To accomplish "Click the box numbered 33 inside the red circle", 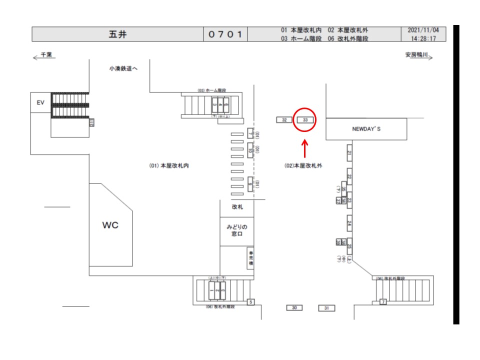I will tap(305, 120).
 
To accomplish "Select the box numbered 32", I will tap(284, 120).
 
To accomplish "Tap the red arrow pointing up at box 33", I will tap(305, 148).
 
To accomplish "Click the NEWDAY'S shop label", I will tap(366, 129).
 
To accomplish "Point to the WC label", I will tap(110, 225).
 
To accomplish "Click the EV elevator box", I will tap(40, 102).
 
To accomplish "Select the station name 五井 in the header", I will tap(117, 34).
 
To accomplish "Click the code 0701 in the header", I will tap(225, 34).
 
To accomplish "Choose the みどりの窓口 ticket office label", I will tap(236, 230).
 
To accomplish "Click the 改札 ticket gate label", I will tap(237, 206).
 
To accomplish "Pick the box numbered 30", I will tap(294, 307).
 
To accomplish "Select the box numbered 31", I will tap(326, 308).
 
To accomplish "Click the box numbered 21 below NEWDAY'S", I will tap(349, 154).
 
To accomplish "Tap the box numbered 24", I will tap(349, 223).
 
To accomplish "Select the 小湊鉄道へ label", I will tap(123, 68).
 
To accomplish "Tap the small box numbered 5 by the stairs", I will tap(251, 301).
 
